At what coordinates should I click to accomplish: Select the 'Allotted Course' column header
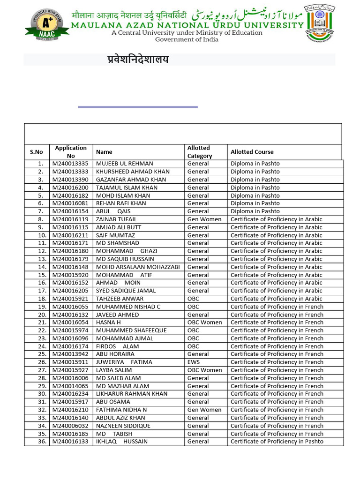[252, 152]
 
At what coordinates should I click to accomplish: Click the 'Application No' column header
[71, 152]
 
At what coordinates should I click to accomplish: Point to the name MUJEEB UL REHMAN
[124, 164]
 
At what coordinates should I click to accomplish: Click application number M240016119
[70, 219]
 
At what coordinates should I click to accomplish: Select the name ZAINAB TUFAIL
[116, 219]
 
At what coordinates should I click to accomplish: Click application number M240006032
[70, 426]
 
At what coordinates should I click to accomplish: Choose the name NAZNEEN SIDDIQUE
[123, 426]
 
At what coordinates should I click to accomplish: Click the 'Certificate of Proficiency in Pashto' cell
[277, 442]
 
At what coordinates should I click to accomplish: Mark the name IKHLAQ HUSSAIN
[121, 442]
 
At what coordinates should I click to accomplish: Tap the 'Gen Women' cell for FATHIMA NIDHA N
[204, 410]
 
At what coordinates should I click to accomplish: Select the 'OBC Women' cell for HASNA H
[204, 322]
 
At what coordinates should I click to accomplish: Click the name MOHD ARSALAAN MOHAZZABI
[138, 267]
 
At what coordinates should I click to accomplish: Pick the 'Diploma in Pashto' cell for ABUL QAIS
[255, 211]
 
